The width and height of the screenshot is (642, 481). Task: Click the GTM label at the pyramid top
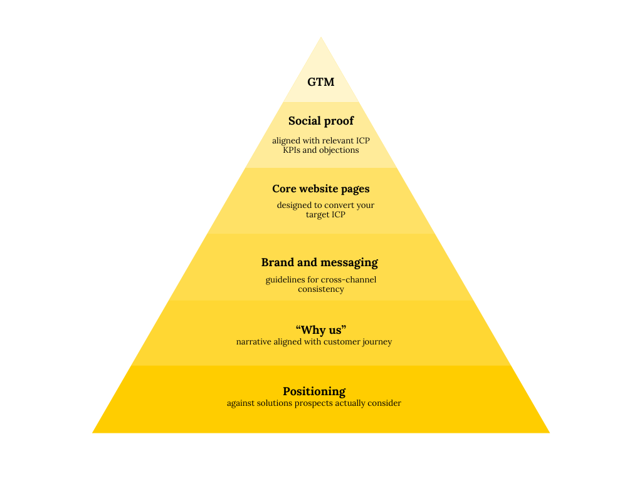coord(320,82)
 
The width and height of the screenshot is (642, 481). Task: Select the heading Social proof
coord(321,121)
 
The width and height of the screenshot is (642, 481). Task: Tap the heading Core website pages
coord(321,189)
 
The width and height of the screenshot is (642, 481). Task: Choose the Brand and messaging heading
coord(320,262)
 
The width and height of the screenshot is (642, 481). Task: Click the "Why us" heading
coord(321,329)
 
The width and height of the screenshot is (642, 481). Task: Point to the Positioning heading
coord(314,391)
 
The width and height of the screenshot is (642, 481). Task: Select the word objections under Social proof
coord(339,150)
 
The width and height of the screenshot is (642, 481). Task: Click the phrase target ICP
coord(325,215)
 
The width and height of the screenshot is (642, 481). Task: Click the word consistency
coord(321,289)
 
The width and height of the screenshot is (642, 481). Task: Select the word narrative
coord(253,342)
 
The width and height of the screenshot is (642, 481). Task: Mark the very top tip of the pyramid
coord(321,38)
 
